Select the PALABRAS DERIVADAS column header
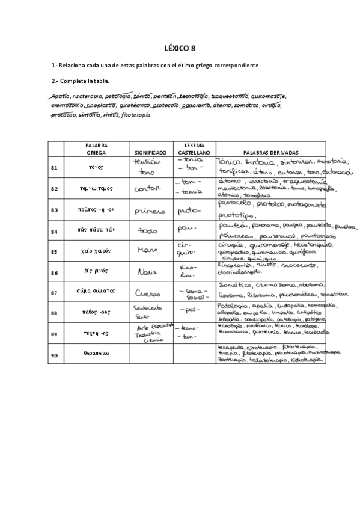(x=270, y=153)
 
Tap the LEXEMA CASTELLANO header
(x=194, y=149)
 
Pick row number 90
(x=54, y=355)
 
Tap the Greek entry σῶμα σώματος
(x=96, y=293)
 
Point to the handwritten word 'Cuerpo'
(x=148, y=294)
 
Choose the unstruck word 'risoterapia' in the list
(x=87, y=96)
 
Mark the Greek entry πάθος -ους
(x=96, y=313)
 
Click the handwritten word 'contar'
(x=148, y=189)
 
